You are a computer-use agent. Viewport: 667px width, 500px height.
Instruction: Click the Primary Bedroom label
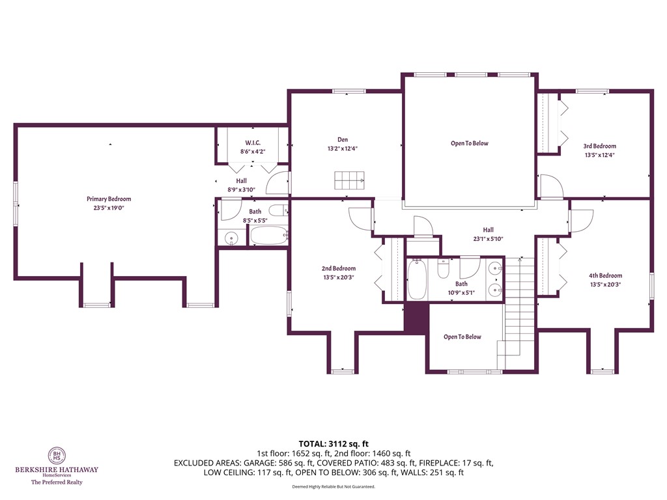[109, 199]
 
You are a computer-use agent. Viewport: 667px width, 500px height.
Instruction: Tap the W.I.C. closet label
[253, 142]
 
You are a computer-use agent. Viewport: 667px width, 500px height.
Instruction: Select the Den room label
[342, 139]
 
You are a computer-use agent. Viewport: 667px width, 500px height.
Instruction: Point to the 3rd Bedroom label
[599, 146]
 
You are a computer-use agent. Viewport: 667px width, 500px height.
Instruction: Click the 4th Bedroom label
[605, 275]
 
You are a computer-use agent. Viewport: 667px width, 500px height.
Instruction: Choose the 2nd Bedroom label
[338, 268]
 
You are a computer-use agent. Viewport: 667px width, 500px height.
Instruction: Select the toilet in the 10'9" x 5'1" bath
[443, 268]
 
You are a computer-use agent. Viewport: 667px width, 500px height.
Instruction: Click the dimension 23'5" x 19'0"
[109, 208]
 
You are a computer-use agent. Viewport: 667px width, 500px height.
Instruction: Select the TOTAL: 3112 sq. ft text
[333, 444]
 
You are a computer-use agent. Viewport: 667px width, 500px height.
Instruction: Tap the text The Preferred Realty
[57, 482]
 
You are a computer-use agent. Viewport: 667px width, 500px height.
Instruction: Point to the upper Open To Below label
[469, 143]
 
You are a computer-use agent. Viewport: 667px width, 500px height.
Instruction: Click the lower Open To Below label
[462, 337]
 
